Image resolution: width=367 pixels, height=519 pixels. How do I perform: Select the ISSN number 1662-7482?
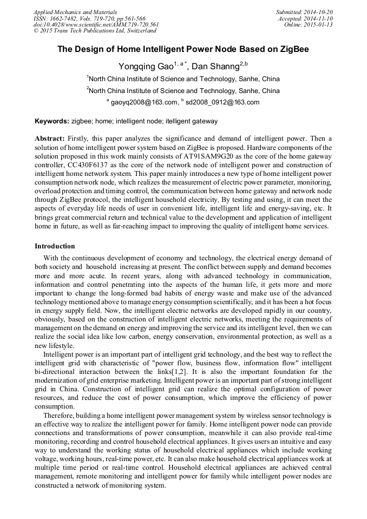(x=64, y=18)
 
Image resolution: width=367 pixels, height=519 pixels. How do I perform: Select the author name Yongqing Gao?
(x=144, y=67)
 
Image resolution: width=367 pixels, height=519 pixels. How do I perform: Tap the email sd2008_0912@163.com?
(x=215, y=102)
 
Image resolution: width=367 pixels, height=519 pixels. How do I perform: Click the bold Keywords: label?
(x=53, y=122)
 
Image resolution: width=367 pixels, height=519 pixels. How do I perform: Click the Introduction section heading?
(x=55, y=246)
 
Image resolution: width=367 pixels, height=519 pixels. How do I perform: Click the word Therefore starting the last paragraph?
(x=60, y=416)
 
